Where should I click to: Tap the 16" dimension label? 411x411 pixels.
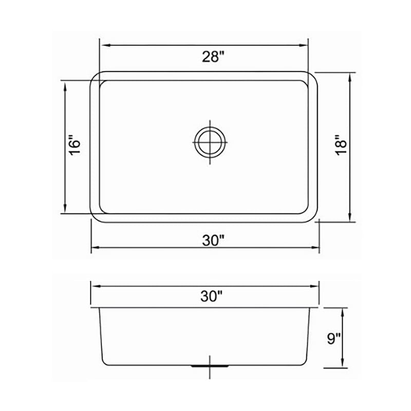(x=76, y=146)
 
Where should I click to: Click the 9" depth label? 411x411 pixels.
(x=334, y=339)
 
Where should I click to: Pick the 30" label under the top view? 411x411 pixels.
(x=213, y=240)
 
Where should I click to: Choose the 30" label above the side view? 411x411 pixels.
(x=212, y=295)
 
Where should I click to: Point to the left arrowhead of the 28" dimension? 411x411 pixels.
(x=103, y=45)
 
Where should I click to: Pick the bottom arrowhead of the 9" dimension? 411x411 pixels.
(x=342, y=365)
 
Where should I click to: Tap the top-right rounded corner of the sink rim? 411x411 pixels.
(x=312, y=76)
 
